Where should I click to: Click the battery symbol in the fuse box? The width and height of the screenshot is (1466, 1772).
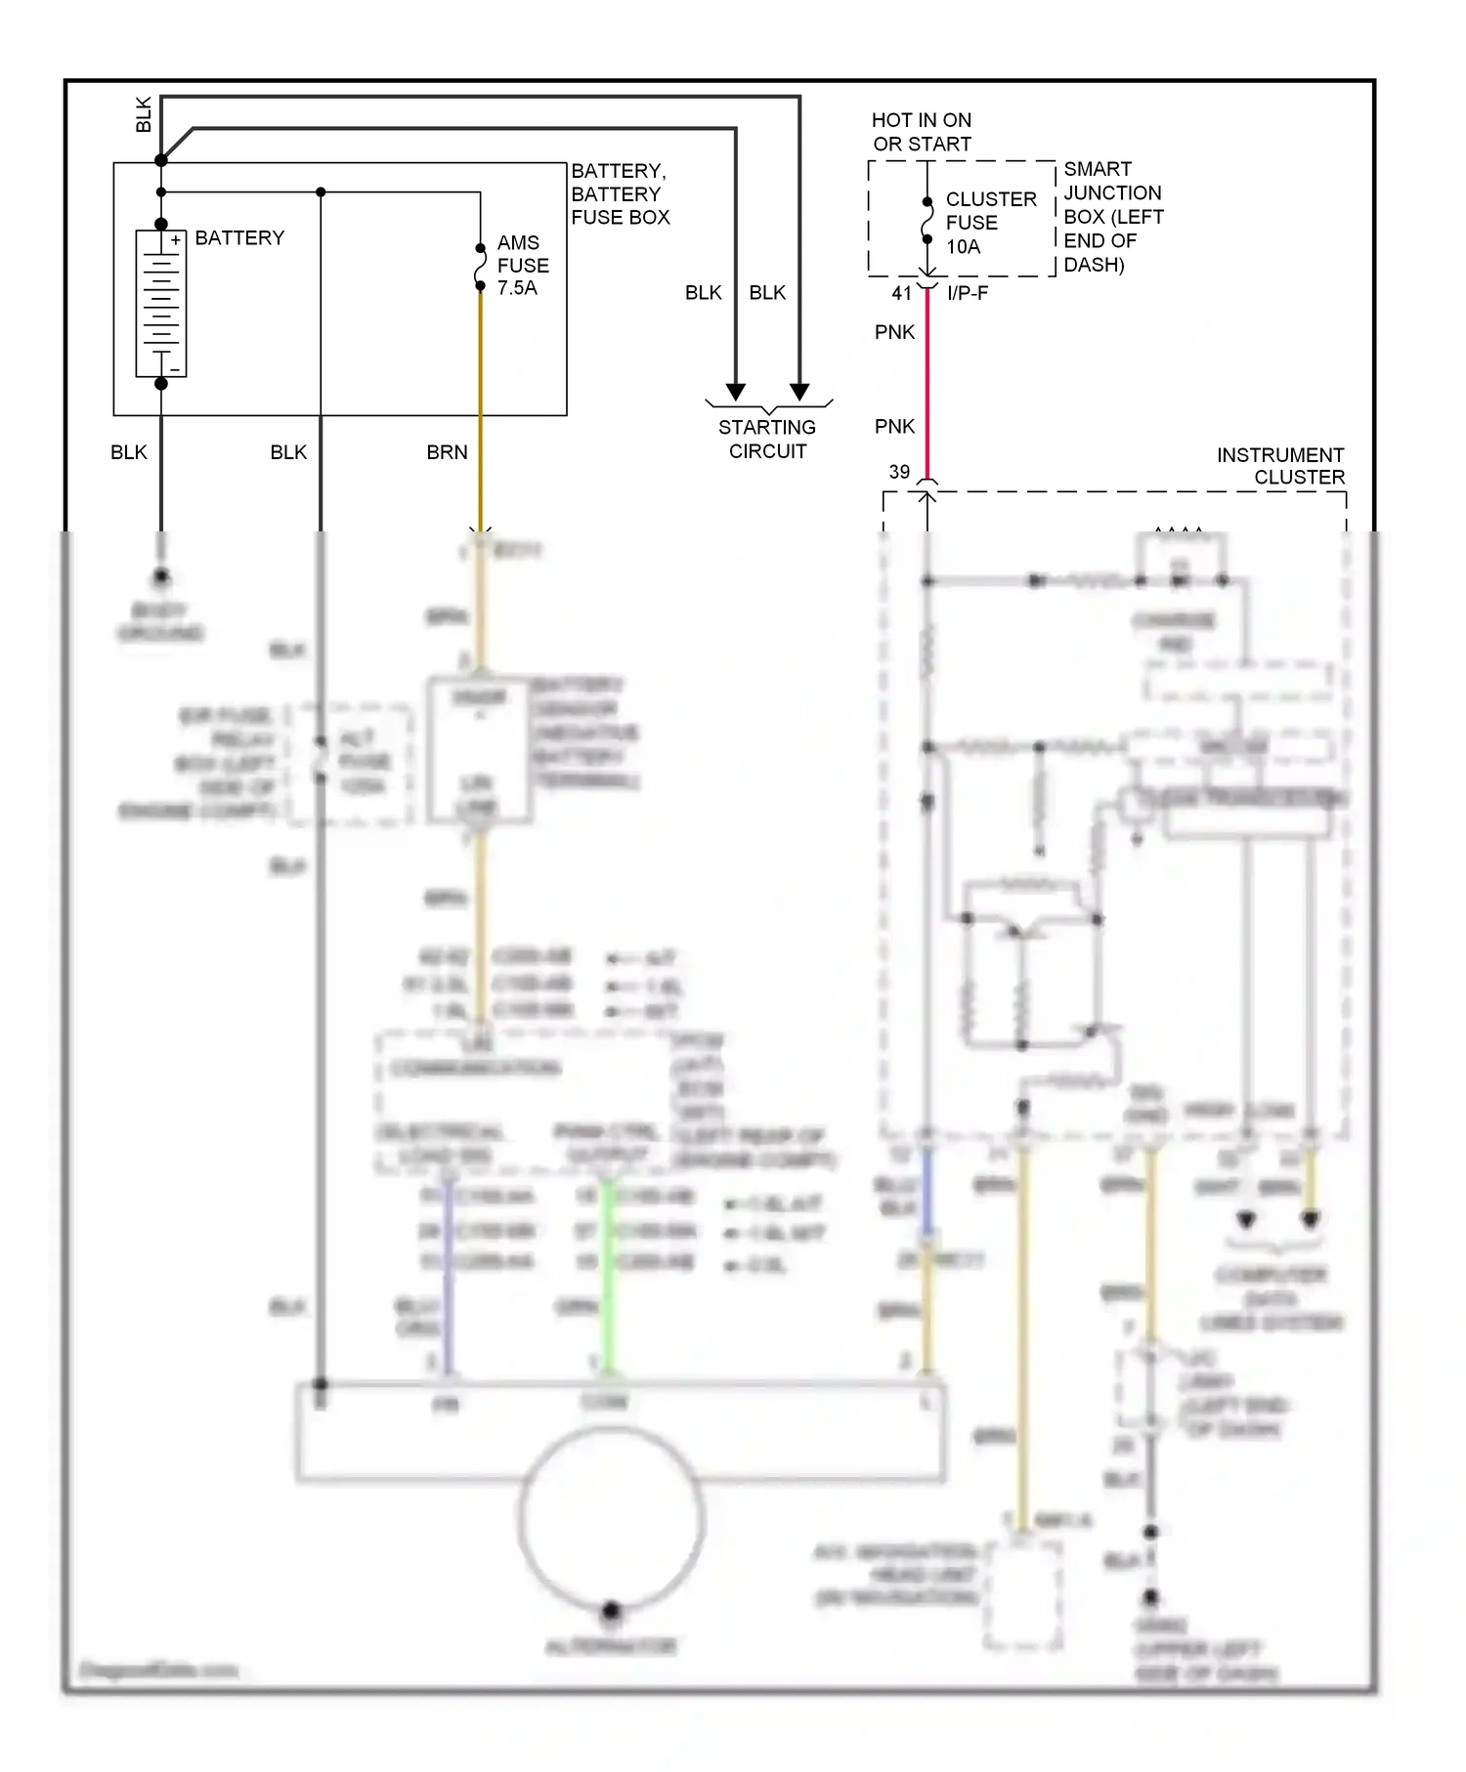tap(161, 303)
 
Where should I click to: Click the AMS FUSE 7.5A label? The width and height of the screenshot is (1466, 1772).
tap(522, 265)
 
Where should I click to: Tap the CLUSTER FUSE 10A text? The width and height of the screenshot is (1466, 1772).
tap(989, 223)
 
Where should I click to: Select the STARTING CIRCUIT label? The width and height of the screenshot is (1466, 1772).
tap(767, 439)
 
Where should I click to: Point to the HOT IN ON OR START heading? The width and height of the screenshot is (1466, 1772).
tap(921, 132)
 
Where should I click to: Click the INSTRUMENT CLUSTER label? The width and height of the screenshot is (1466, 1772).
tap(1280, 466)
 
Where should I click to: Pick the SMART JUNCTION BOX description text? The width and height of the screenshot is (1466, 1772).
tap(1112, 217)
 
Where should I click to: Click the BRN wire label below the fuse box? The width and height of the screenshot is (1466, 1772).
tap(447, 452)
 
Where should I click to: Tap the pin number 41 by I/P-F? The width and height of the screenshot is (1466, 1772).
tap(901, 293)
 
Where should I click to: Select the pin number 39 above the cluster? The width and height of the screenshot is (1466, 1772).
tap(899, 472)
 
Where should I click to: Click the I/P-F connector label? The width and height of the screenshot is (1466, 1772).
tap(968, 293)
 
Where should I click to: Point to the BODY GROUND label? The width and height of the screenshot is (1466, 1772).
tap(160, 622)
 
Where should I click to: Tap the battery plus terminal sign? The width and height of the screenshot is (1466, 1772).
tap(175, 240)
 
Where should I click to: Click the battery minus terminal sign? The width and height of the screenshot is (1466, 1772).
tap(175, 369)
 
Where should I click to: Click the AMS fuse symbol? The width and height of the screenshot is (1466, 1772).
tap(480, 267)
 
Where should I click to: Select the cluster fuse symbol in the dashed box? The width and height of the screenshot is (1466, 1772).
tap(927, 222)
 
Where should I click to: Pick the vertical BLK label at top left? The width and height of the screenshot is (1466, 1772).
tap(144, 114)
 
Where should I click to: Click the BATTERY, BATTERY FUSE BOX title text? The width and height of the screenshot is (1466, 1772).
tap(620, 194)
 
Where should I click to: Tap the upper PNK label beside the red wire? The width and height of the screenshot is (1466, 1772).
tap(894, 332)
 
